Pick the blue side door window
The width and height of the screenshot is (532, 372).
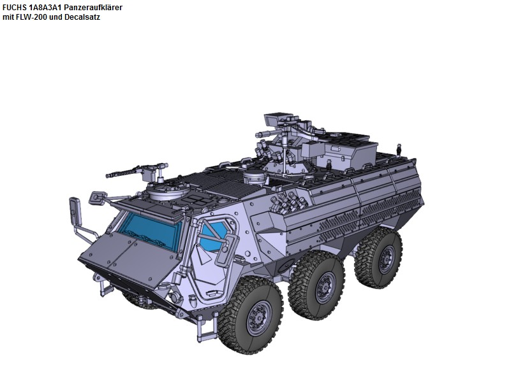[214, 234]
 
